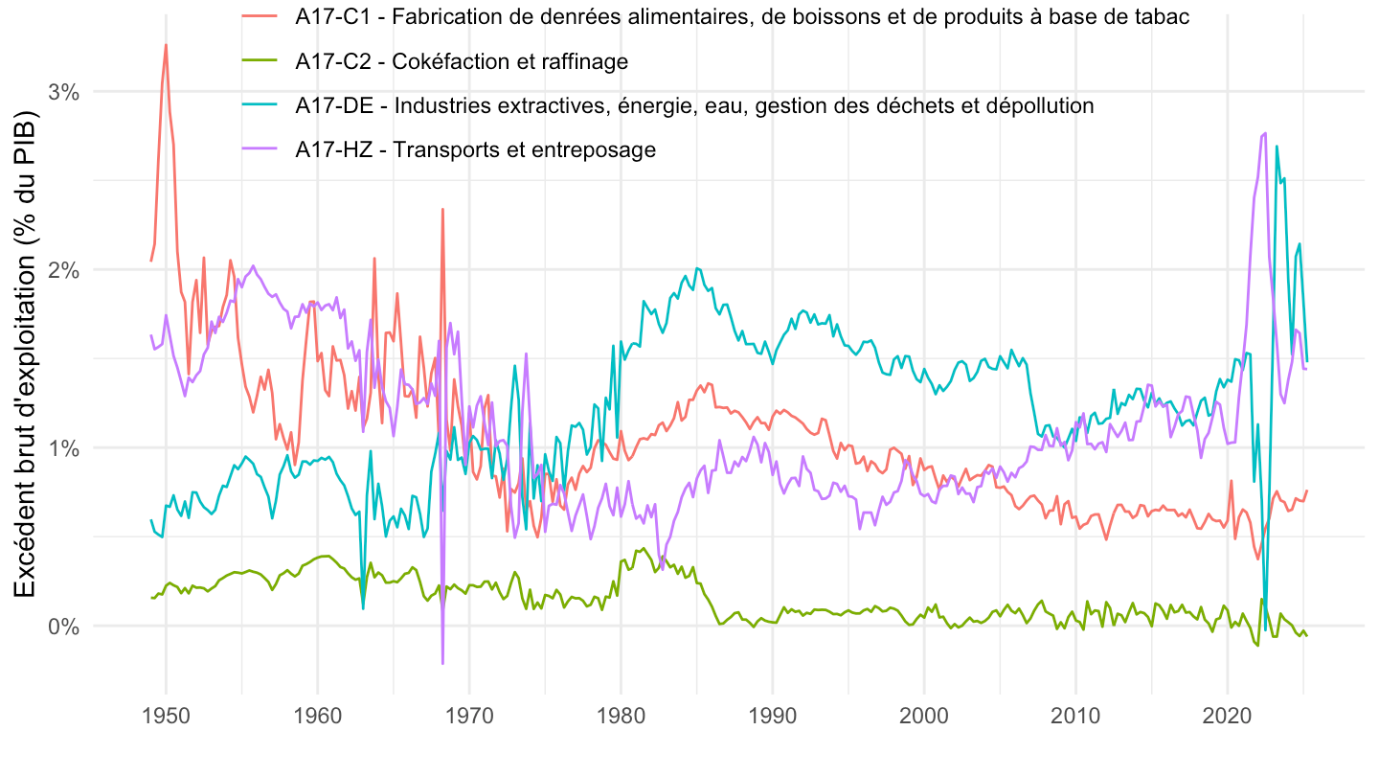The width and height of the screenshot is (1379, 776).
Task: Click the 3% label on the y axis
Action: pyautogui.click(x=63, y=92)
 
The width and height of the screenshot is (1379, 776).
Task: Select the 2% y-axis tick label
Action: pyautogui.click(x=63, y=270)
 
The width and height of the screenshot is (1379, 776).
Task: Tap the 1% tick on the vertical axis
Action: pyautogui.click(x=63, y=448)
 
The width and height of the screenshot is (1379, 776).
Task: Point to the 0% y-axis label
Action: pyautogui.click(x=63, y=627)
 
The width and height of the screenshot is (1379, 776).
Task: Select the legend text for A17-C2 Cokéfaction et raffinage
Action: pyautogui.click(x=462, y=61)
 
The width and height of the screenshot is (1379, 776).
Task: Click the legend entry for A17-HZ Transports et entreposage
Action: pyautogui.click(x=475, y=149)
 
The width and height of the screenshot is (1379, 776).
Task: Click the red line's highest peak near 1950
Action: pyautogui.click(x=166, y=44)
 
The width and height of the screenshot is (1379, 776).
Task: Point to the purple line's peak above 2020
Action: pyautogui.click(x=1265, y=133)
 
